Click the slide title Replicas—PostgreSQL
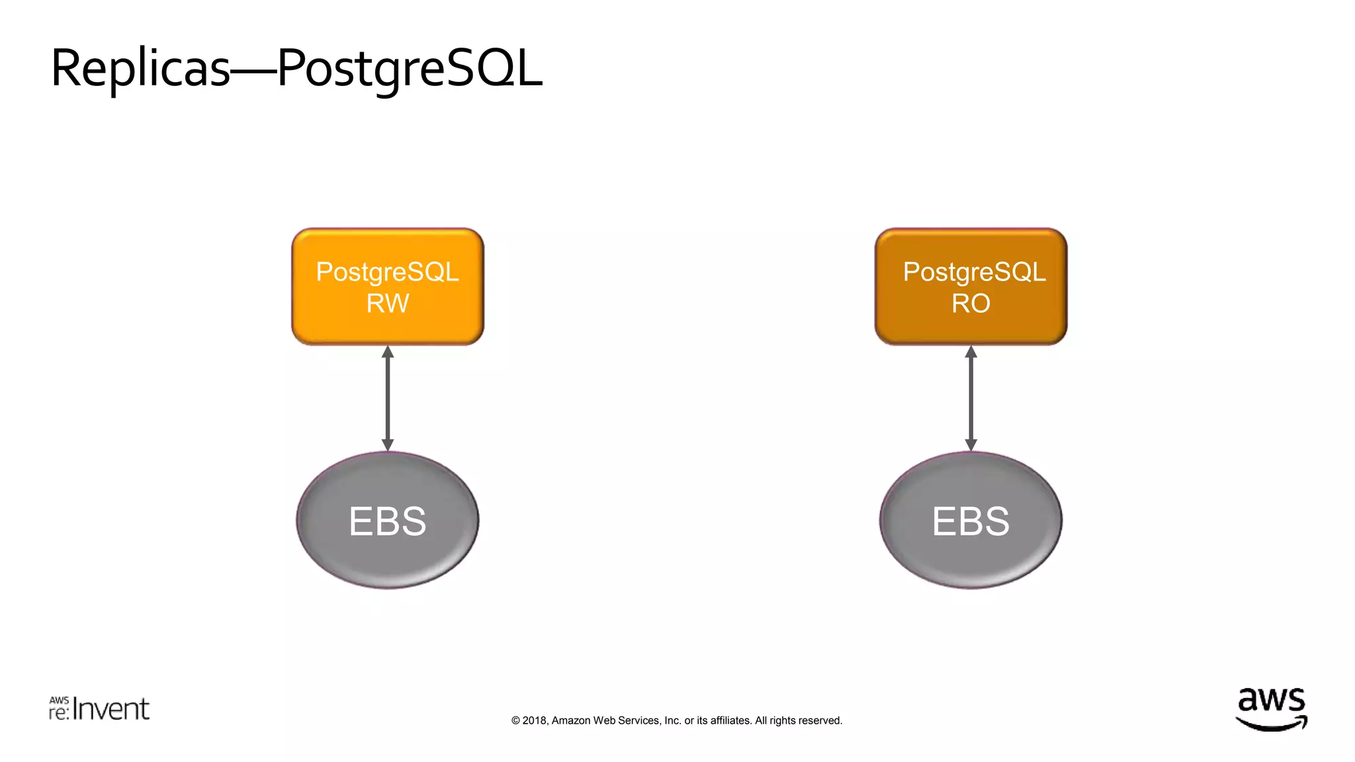[x=296, y=69]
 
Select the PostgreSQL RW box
[x=388, y=286]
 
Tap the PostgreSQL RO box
[x=971, y=286]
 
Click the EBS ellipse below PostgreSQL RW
[x=388, y=521]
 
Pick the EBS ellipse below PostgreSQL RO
[x=971, y=521]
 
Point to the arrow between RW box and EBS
[x=388, y=398]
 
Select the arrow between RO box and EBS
[x=971, y=398]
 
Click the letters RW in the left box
[x=388, y=304]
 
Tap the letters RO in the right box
[x=971, y=304]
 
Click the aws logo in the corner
[x=1271, y=709]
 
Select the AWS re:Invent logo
[x=99, y=708]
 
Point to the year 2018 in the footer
[x=535, y=720]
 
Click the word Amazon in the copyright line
[x=570, y=720]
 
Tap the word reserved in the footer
[x=820, y=720]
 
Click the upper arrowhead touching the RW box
[x=388, y=352]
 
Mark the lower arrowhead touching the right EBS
[x=971, y=445]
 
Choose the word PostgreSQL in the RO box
[x=974, y=272]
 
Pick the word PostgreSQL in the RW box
[x=387, y=272]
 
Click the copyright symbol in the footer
[x=515, y=720]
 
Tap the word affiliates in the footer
[x=730, y=720]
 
